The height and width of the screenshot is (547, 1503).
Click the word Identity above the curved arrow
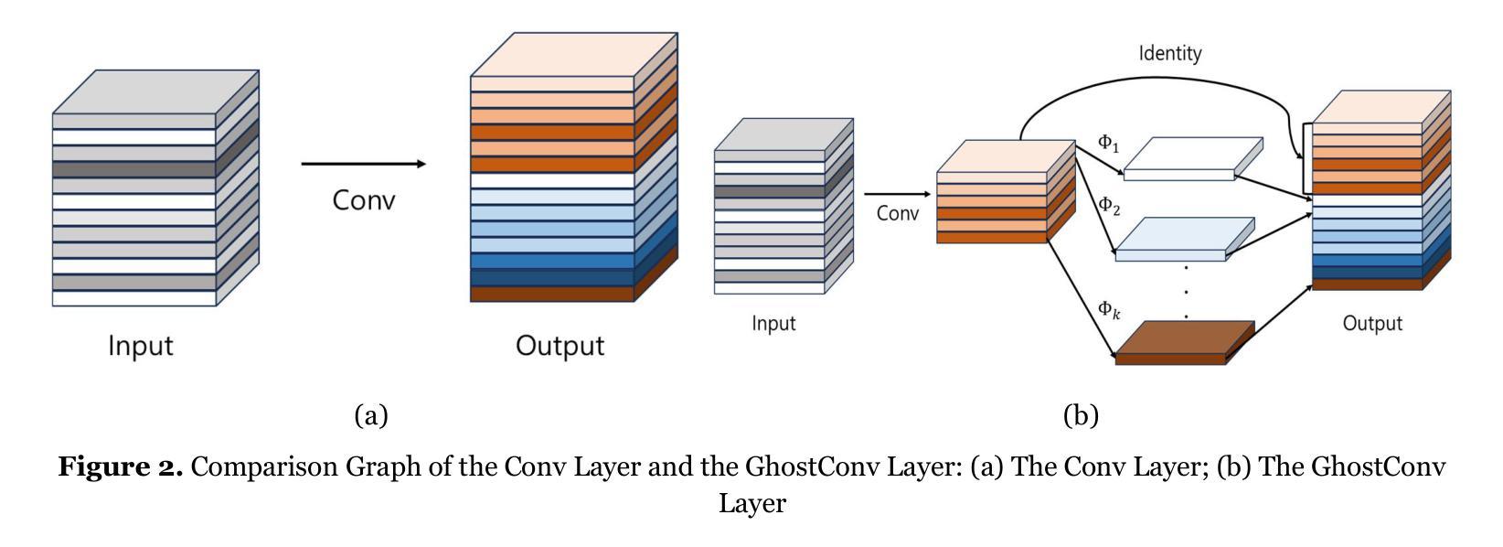point(1169,53)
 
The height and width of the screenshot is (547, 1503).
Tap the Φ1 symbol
point(1108,144)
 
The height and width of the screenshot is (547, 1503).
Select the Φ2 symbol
point(1108,205)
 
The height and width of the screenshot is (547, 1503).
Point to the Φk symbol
point(1108,310)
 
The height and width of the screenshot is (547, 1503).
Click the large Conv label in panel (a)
point(364,199)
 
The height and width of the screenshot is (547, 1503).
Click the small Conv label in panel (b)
point(898,214)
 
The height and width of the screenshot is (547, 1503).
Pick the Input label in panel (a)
point(140,346)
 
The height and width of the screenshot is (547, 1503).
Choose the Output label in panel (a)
point(560,346)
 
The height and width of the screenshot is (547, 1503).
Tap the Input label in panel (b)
point(773,324)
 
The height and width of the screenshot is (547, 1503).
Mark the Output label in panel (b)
point(1371,324)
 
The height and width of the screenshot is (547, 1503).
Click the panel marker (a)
point(371,416)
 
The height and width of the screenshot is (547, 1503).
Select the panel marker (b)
point(1081,416)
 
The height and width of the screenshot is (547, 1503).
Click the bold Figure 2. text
point(121,467)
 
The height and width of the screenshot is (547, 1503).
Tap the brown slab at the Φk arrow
point(1184,343)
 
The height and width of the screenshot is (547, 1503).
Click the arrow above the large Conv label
point(363,164)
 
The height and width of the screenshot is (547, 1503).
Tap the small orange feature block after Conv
point(1004,192)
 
